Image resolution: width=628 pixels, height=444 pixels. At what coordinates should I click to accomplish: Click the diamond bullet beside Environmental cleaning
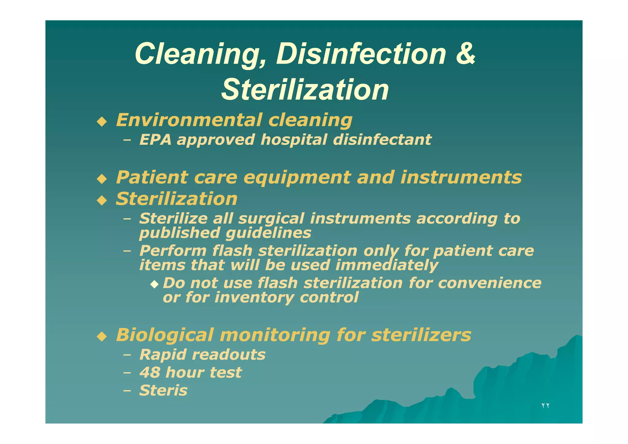(x=101, y=122)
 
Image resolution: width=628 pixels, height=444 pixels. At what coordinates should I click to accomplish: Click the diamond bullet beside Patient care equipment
(x=101, y=179)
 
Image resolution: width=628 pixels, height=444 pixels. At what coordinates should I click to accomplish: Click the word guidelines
(x=268, y=233)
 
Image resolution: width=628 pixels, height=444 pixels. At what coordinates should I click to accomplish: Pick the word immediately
(x=387, y=265)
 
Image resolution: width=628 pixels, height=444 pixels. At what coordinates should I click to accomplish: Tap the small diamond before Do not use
(x=155, y=284)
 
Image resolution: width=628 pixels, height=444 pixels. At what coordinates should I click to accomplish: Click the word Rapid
(x=163, y=355)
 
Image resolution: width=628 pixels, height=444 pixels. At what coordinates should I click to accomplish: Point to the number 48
(x=150, y=373)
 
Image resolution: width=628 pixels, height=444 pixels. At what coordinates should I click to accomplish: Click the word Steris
(x=163, y=390)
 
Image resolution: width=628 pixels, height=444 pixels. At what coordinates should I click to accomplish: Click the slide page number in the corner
(x=545, y=406)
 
